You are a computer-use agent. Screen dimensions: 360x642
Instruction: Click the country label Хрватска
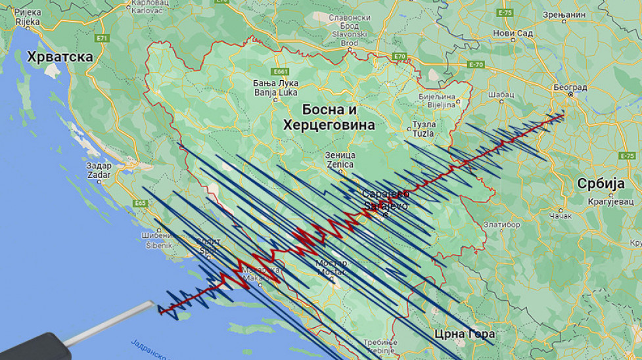[60, 57]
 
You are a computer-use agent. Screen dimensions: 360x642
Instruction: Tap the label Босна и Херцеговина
[329, 117]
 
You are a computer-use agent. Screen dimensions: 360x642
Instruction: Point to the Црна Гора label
[465, 334]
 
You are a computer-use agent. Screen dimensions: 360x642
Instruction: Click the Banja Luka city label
[276, 87]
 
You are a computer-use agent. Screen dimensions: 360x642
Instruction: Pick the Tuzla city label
[424, 129]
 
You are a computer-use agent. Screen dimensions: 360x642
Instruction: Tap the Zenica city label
[340, 160]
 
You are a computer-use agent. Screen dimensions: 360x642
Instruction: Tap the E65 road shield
[140, 203]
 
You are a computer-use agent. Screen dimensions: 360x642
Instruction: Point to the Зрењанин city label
[564, 14]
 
